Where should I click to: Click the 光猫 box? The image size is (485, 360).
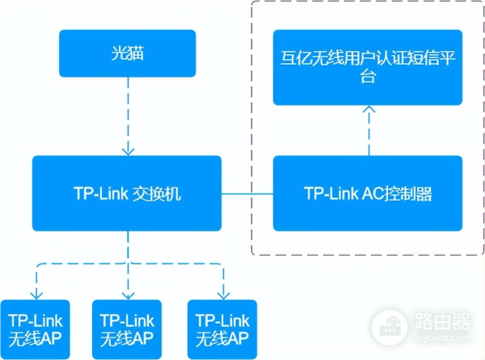click(127, 53)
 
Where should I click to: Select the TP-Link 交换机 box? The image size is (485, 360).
click(126, 193)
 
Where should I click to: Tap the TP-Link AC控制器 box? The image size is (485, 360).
click(368, 193)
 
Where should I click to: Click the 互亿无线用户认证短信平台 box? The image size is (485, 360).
click(368, 67)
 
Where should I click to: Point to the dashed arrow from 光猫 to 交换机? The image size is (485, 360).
click(127, 113)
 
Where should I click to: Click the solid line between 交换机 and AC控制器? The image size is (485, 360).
click(247, 194)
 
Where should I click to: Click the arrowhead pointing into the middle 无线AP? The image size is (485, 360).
click(127, 294)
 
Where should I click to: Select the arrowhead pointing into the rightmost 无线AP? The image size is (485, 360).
click(222, 294)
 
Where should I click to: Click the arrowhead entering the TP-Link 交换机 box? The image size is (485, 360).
click(127, 150)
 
